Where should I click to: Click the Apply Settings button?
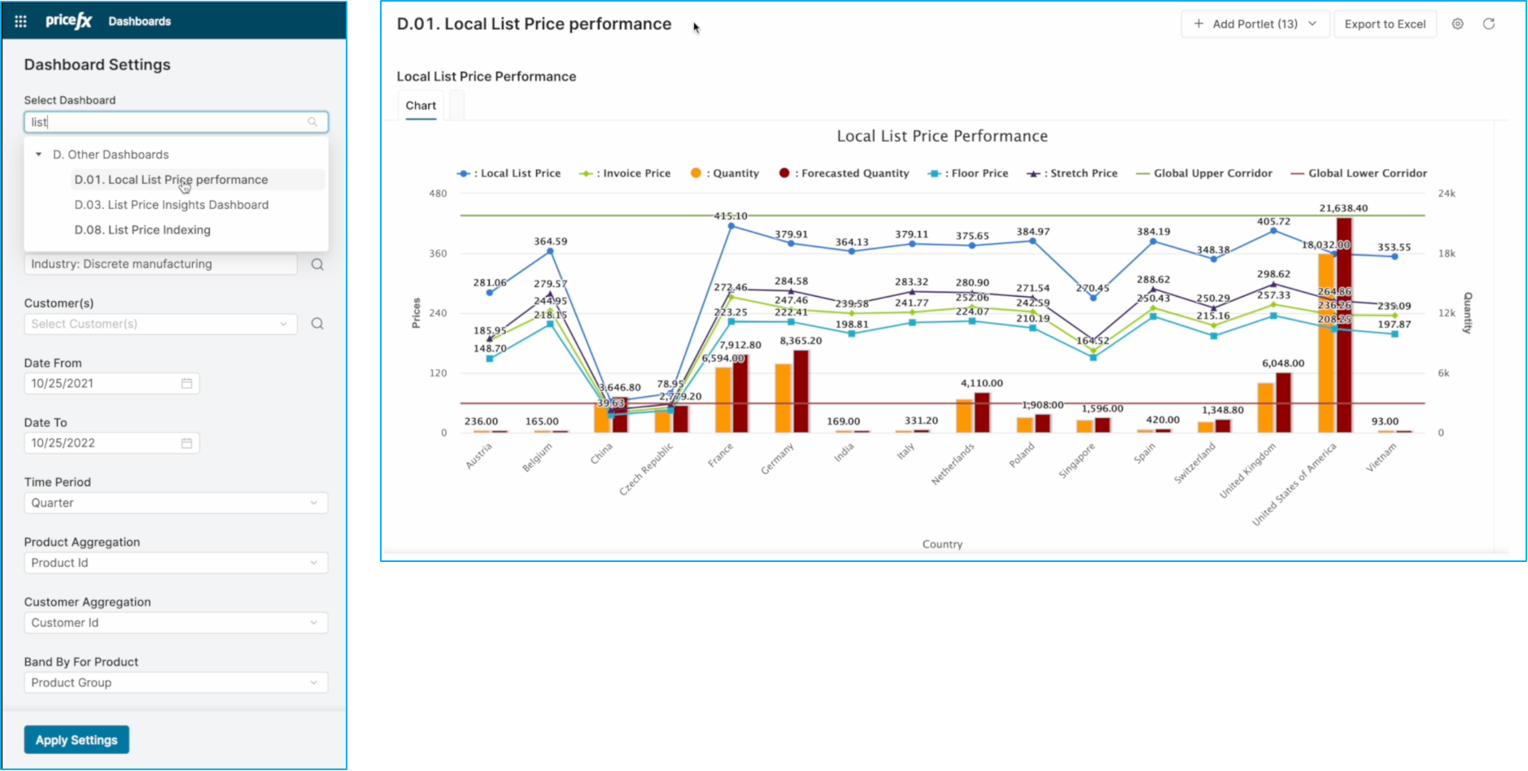coord(76,740)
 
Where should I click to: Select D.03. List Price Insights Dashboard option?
coord(171,205)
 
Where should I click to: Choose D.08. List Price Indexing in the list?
coord(142,230)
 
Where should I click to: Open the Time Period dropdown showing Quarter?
coord(176,503)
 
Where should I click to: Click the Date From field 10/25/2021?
coord(103,384)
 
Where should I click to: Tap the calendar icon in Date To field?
coord(186,443)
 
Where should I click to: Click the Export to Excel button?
coord(1385,24)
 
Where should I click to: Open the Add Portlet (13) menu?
coord(1255,24)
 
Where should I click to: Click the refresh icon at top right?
coord(1489,24)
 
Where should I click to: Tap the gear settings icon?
coord(1458,24)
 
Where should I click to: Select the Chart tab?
coord(421,106)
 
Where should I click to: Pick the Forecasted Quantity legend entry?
coord(845,173)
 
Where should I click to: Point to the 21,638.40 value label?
coord(1343,208)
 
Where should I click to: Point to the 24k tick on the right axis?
coord(1447,194)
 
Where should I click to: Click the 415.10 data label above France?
coord(730,216)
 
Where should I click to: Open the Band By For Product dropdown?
coord(176,683)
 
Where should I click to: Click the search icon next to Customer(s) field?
coord(317,324)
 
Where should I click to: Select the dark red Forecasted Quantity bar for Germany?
coord(801,391)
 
